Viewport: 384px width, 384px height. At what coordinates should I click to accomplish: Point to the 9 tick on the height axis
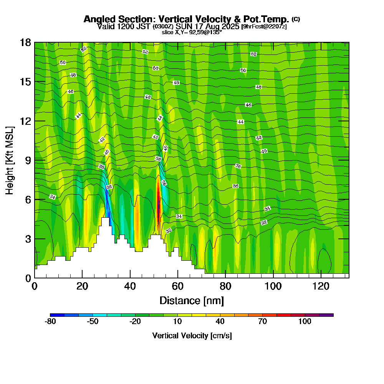35,160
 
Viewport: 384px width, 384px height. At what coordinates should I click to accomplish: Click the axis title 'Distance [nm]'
192,300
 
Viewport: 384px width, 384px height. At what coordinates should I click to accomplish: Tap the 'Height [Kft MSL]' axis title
10,160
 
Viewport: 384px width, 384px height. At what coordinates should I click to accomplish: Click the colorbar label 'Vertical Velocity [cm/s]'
192,336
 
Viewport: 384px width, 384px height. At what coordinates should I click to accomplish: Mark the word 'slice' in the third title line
168,32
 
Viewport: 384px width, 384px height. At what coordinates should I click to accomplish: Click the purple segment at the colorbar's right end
326,315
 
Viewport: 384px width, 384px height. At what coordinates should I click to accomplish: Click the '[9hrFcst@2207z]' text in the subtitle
264,26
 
